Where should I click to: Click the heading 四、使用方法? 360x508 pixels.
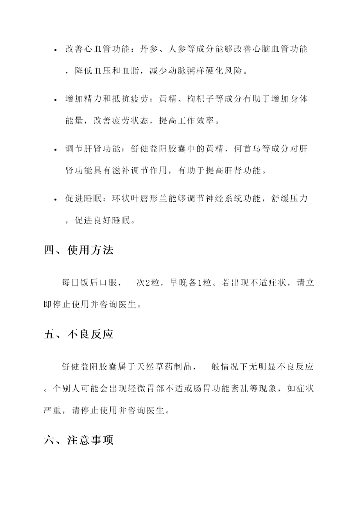[78, 250]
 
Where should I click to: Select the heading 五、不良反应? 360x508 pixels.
[78, 334]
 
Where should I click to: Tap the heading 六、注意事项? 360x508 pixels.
[78, 440]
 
